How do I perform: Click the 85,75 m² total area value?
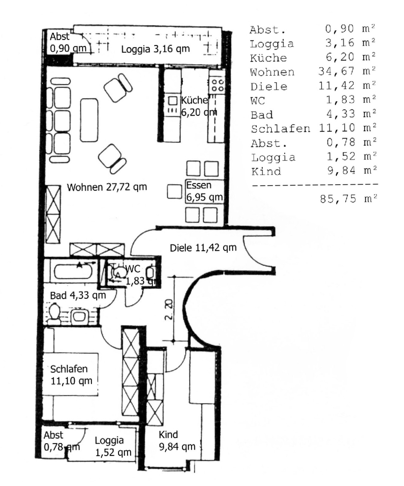point(348,199)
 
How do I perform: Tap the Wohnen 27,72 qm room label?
point(107,187)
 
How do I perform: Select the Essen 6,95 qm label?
point(204,191)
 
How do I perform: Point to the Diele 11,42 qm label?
point(203,248)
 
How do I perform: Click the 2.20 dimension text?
point(169,309)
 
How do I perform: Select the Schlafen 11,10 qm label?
point(71,375)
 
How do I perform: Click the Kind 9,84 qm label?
point(177,441)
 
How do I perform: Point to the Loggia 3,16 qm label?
point(155,49)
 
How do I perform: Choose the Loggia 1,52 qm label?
point(113,446)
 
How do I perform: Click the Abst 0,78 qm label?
point(62,441)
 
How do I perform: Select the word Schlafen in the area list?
point(280,129)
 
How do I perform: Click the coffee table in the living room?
point(89,120)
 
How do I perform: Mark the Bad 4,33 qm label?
point(78,295)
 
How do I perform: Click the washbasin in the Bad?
point(80,316)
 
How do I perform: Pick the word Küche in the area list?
point(268,57)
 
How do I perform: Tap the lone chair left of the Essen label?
point(174,192)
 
